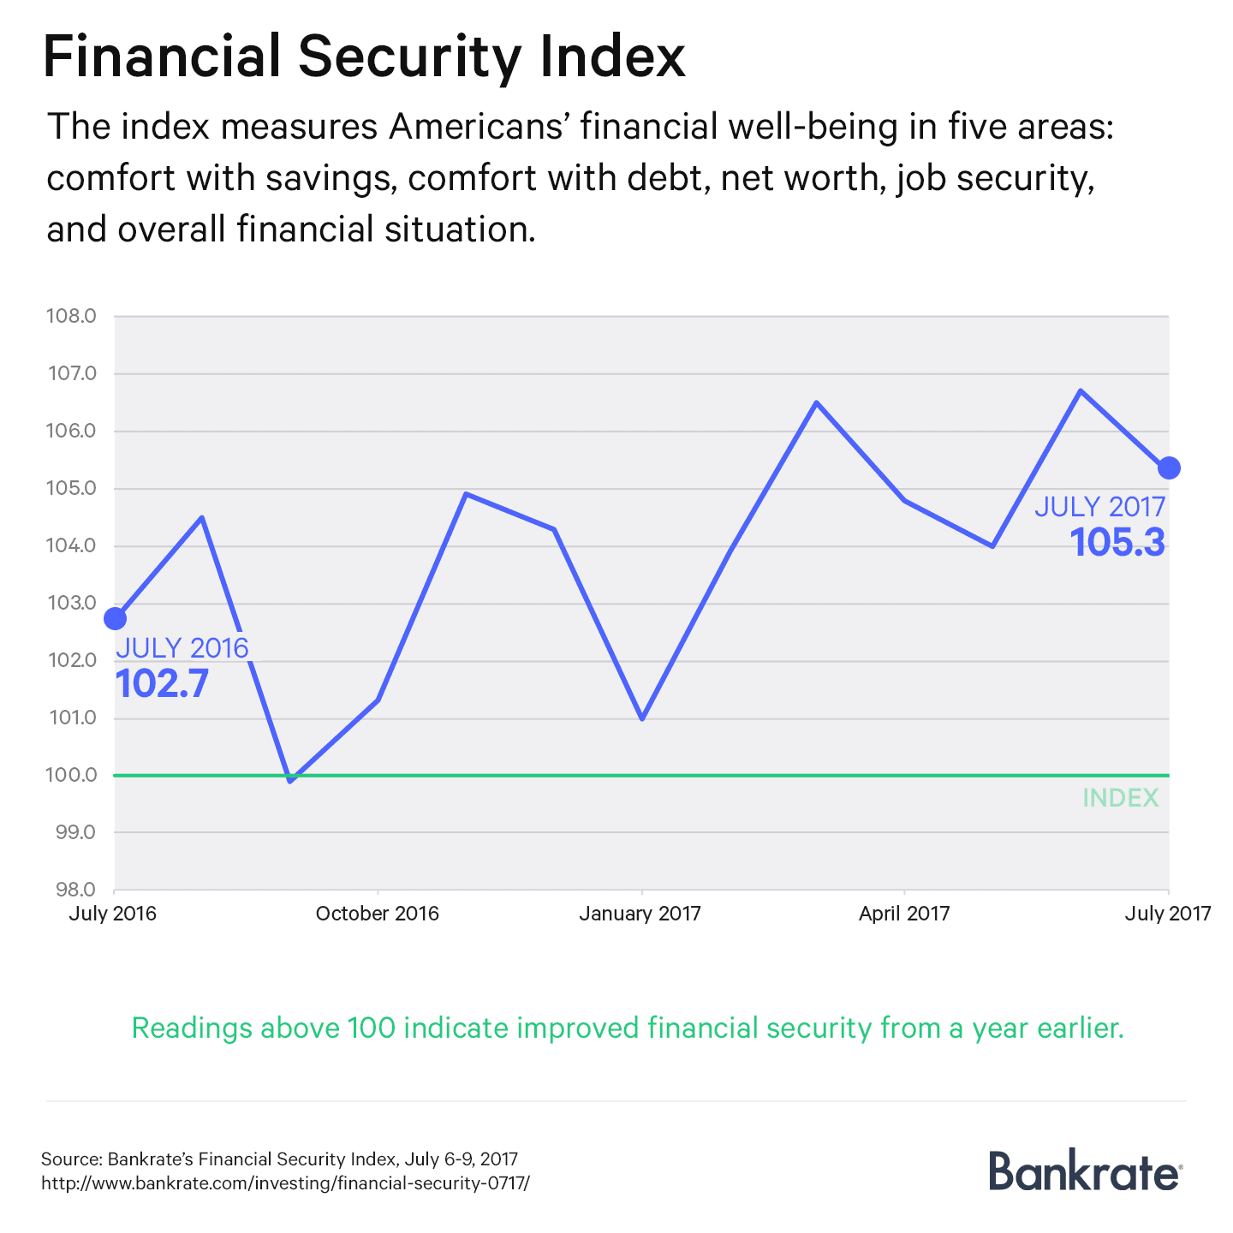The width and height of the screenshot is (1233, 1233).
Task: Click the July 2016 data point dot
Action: (115, 618)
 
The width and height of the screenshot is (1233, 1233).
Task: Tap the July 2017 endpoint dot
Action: (1169, 468)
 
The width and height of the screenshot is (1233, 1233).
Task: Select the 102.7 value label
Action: (162, 684)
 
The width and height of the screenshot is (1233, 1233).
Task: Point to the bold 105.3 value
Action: (1117, 543)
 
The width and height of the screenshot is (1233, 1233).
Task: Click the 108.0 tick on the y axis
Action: (71, 317)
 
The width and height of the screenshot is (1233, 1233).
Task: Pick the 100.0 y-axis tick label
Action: (71, 776)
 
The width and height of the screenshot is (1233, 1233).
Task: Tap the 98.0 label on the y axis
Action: (74, 890)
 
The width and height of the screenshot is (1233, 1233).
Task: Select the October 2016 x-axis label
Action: (377, 914)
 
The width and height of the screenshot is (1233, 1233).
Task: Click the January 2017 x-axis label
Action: (640, 914)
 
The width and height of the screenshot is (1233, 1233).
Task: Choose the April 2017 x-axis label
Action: (904, 914)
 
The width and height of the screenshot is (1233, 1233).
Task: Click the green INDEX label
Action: (1120, 798)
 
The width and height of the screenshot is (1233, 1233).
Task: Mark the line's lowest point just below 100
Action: (291, 780)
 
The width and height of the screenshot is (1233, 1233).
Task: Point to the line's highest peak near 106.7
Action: (1081, 391)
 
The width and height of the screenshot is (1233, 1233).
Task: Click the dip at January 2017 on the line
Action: (641, 718)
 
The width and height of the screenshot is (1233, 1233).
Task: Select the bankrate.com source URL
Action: (286, 1183)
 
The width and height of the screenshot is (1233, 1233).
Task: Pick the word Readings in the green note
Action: (191, 1027)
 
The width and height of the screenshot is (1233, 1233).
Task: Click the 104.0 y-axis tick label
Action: (71, 546)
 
